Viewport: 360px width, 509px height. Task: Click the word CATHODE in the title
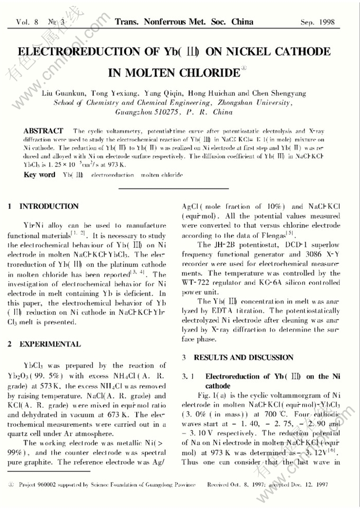(300, 52)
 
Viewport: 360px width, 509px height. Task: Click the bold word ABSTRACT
(43, 131)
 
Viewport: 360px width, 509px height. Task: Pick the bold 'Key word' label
(40, 175)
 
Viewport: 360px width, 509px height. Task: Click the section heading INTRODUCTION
(49, 207)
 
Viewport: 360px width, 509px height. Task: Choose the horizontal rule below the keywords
(179, 189)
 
